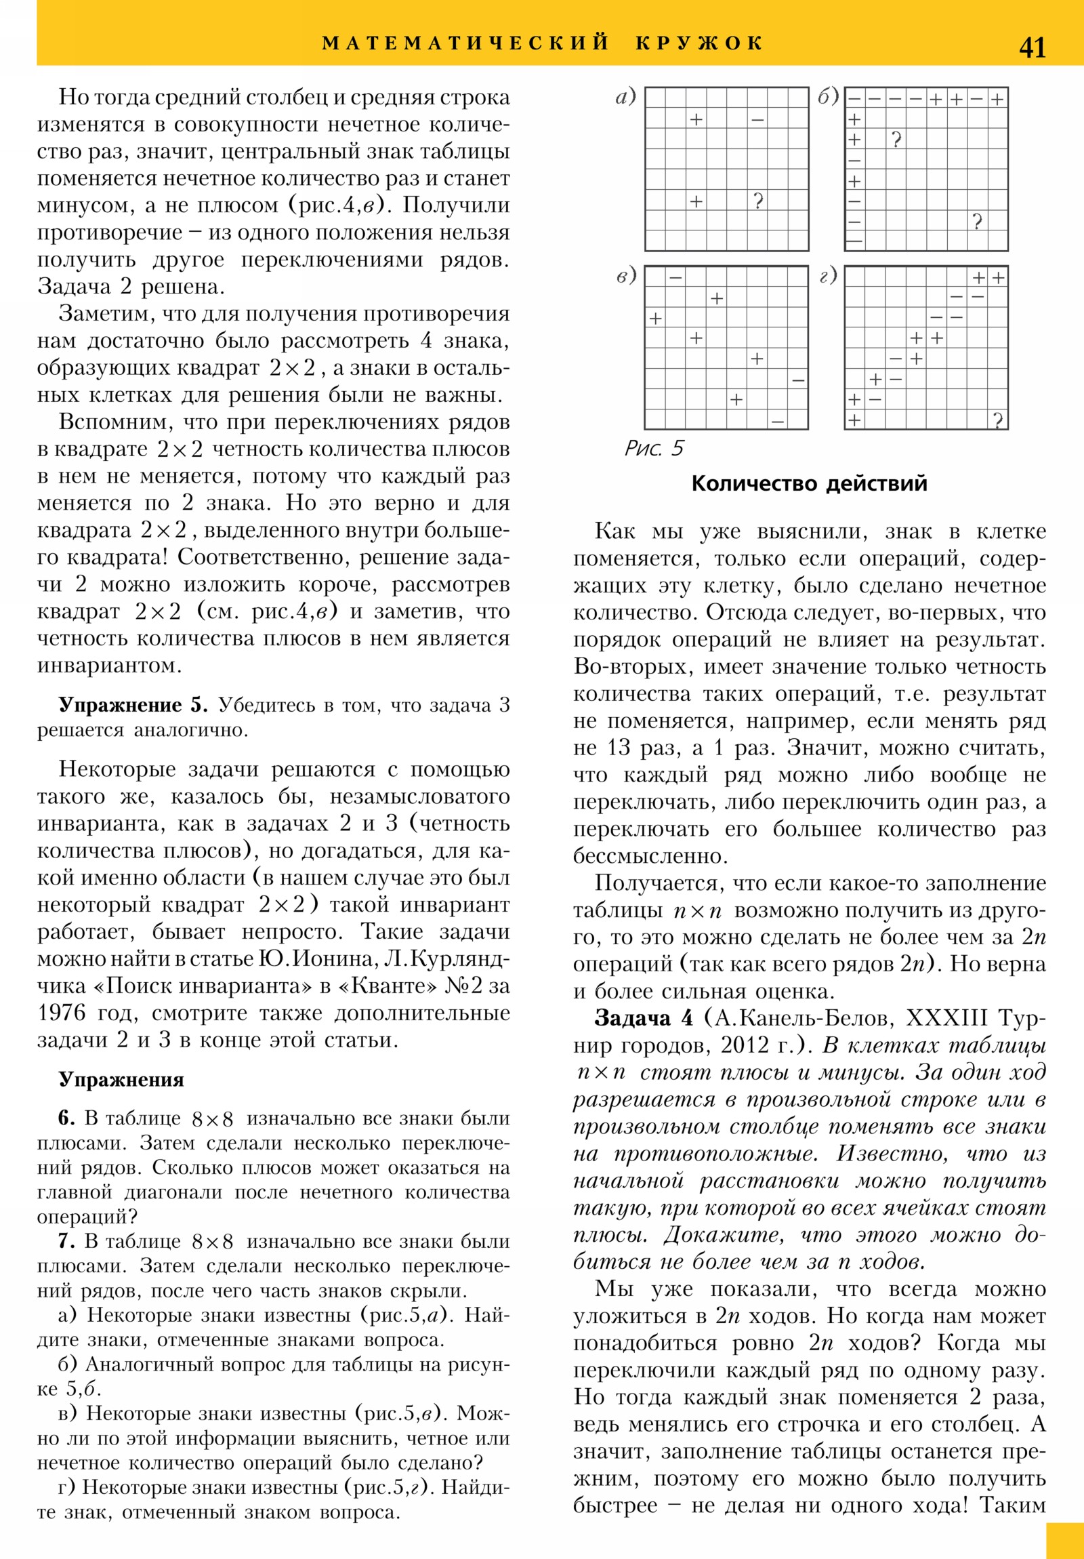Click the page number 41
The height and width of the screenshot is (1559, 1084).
(1032, 47)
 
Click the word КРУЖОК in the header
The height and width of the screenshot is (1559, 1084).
(699, 43)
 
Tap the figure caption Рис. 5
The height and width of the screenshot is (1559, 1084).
(654, 448)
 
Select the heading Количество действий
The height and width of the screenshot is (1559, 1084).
(809, 483)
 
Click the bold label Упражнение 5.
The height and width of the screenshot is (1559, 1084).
(133, 705)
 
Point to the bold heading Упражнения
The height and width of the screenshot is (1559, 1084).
(121, 1080)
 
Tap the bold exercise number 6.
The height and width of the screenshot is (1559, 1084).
(66, 1118)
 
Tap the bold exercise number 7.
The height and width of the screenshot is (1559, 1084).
(66, 1241)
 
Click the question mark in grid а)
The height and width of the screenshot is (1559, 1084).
(758, 201)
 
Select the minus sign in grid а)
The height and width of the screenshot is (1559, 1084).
(757, 120)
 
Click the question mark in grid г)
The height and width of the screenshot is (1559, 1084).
(997, 420)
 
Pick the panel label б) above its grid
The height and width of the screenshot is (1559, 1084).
(828, 97)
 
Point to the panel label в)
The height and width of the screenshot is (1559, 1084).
(626, 276)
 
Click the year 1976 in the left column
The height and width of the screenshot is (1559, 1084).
(62, 1013)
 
